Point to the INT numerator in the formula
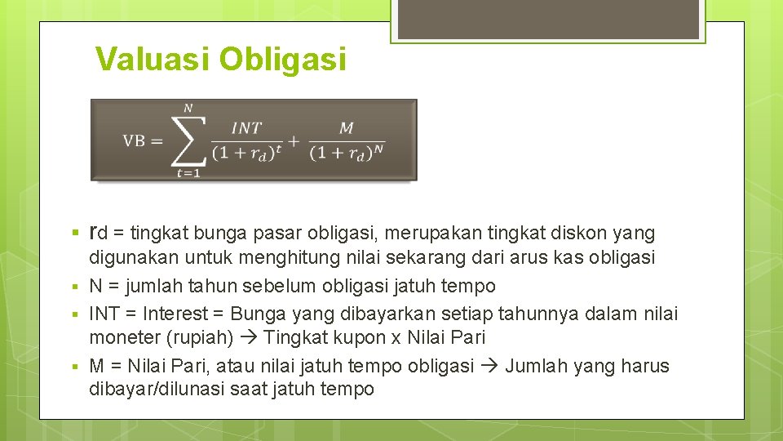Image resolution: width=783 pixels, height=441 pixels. (x=246, y=127)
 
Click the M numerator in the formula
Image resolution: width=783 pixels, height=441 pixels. (x=347, y=127)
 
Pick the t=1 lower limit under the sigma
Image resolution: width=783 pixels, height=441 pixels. (x=188, y=172)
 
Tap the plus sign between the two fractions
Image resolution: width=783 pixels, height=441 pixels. (x=294, y=140)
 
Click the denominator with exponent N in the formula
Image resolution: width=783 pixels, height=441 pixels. (x=347, y=153)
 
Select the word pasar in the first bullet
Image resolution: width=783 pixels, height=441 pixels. (x=267, y=234)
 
